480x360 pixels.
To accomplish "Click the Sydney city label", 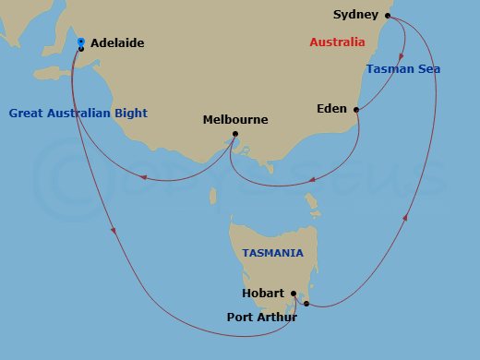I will click(x=355, y=16).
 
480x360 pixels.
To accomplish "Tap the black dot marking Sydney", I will click(x=388, y=16).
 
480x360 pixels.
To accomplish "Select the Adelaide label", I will click(x=118, y=42).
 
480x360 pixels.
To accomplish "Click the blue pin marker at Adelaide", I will click(x=81, y=42).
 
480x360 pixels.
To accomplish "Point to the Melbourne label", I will click(x=235, y=120).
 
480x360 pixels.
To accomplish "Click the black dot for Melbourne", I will click(x=235, y=136).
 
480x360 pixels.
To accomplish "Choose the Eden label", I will click(x=332, y=107).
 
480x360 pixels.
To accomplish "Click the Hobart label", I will click(x=263, y=294).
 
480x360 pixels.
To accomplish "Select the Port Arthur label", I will click(x=261, y=318).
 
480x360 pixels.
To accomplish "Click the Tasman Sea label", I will click(x=403, y=69).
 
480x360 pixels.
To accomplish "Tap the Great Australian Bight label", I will click(x=78, y=114).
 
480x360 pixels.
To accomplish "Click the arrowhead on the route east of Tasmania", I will click(x=407, y=218).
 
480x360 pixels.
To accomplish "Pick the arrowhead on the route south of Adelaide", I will click(x=114, y=231).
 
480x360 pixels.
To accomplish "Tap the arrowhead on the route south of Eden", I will click(x=314, y=180).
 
